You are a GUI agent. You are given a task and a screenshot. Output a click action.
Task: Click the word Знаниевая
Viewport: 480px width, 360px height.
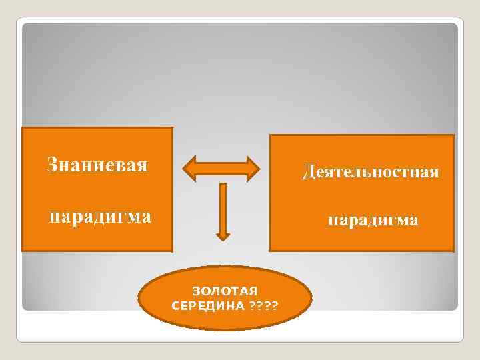click(x=97, y=164)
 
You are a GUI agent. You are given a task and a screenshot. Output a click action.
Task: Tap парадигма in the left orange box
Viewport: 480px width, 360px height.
click(x=101, y=217)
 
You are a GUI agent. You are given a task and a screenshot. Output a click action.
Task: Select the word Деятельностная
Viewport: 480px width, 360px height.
click(x=371, y=173)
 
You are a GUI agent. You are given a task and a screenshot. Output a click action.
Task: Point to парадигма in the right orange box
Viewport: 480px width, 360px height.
click(x=373, y=220)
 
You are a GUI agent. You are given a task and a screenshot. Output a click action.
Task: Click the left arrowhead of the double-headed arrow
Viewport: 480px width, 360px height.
click(x=189, y=169)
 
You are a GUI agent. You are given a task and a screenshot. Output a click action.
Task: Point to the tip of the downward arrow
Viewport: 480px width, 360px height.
click(x=223, y=238)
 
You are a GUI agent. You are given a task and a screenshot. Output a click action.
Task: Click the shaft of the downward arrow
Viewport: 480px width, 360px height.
click(x=223, y=207)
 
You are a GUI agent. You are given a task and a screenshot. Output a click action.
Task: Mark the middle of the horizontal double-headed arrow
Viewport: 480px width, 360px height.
click(x=221, y=169)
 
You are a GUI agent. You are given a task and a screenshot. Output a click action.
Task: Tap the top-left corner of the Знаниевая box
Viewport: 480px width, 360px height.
click(x=23, y=128)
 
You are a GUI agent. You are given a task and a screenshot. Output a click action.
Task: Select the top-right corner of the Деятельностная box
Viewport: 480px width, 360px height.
click(x=453, y=135)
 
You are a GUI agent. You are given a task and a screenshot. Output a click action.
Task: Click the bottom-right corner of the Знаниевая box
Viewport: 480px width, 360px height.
click(x=172, y=250)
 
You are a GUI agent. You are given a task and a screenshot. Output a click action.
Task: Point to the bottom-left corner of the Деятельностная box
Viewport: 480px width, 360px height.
click(x=270, y=250)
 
